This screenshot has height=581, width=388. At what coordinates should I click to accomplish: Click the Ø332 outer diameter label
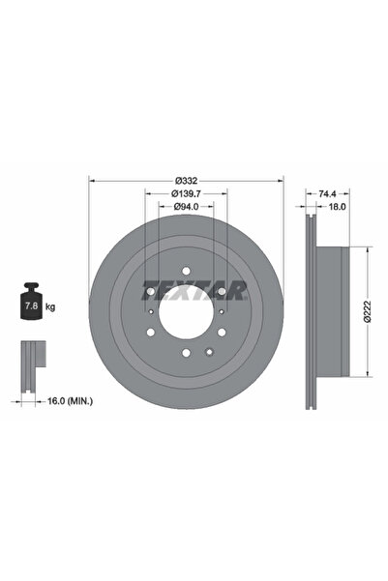tap(186, 181)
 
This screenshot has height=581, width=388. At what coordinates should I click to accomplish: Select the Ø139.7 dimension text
tap(186, 193)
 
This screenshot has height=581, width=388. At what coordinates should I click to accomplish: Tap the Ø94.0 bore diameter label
tap(186, 206)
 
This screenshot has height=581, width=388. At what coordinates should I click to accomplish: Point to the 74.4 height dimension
tap(327, 193)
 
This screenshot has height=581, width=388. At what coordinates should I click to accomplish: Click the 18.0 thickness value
tap(337, 206)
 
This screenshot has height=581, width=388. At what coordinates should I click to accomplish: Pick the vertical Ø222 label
tap(367, 311)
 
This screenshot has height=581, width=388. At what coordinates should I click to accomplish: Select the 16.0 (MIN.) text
tap(70, 400)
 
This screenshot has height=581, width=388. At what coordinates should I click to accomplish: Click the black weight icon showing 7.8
tap(31, 301)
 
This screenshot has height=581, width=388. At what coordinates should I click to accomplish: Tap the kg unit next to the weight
tap(50, 306)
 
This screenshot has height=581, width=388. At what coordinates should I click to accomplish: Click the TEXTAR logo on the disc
tap(194, 290)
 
